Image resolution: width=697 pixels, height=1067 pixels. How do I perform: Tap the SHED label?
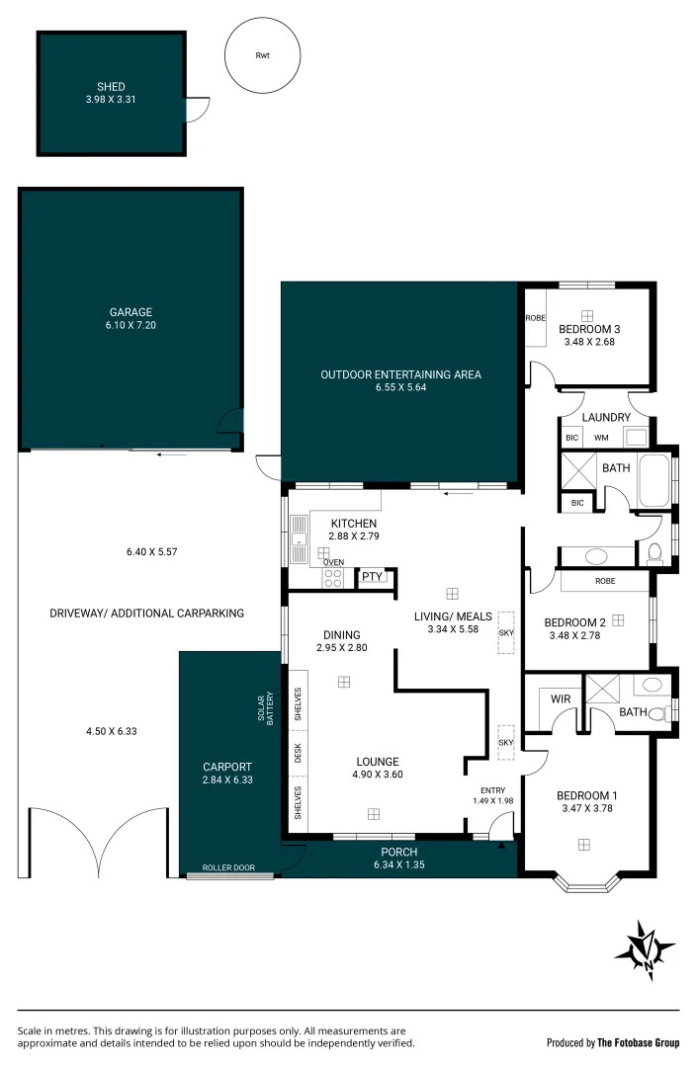pos(111,87)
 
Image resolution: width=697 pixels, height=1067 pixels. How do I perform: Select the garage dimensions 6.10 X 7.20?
pos(131,325)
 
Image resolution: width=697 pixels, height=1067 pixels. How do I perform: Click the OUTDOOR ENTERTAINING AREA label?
pos(400,374)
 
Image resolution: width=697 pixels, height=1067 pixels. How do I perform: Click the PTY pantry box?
pos(372,577)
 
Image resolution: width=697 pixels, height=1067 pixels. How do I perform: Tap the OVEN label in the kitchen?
pos(333,562)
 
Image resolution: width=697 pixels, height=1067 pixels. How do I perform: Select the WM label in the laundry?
pos(601,438)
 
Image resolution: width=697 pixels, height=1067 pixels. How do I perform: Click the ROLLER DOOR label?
pos(228,867)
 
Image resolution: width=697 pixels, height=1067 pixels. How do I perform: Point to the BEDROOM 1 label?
pos(586,796)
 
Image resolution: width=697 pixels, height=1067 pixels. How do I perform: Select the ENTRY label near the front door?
pos(492,790)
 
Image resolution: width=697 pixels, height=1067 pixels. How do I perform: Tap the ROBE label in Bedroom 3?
pos(535,318)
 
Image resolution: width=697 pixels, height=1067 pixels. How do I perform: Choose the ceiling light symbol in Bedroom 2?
pos(618,620)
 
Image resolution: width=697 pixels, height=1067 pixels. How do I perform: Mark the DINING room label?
pos(341,635)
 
